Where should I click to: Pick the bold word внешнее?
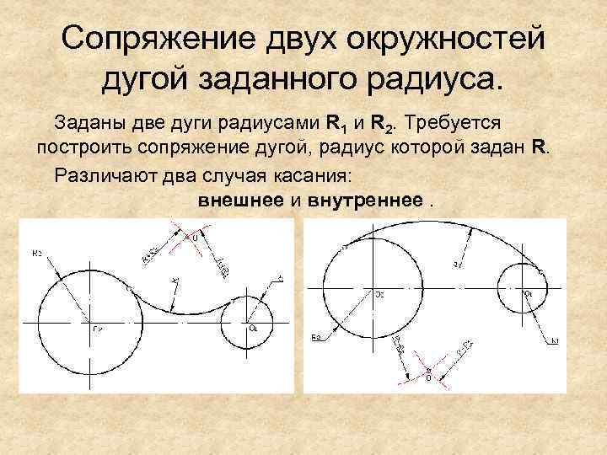pos(242,201)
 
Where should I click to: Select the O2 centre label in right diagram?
pos(379,295)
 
